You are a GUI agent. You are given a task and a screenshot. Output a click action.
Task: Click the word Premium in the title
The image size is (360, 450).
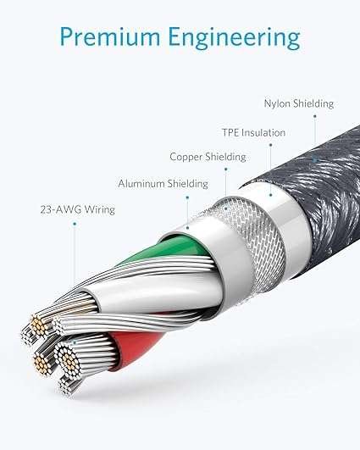(x=110, y=36)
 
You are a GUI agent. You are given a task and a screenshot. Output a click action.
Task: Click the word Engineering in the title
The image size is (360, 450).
(x=234, y=38)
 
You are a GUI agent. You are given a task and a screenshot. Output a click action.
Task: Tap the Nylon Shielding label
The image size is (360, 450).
(x=299, y=103)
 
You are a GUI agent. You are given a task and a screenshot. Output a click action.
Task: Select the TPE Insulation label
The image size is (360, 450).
(x=254, y=132)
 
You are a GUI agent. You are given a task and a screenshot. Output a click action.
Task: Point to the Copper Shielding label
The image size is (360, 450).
(x=208, y=157)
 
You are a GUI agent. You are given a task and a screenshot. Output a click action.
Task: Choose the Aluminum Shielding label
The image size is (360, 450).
(x=163, y=184)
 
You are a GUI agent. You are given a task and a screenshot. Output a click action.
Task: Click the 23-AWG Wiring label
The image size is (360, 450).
(x=77, y=209)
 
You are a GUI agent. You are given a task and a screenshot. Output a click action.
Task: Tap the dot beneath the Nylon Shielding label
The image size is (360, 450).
(x=314, y=116)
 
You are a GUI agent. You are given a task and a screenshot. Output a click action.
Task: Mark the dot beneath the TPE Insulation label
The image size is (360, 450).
(x=270, y=145)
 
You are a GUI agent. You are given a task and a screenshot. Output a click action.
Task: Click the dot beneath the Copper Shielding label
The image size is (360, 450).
(x=226, y=169)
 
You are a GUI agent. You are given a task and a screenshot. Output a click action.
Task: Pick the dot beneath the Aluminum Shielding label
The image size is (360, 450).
(x=187, y=197)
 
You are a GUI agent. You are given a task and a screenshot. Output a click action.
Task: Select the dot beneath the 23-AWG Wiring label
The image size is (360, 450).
(x=75, y=223)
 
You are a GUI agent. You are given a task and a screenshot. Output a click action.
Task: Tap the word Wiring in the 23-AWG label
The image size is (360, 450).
(x=100, y=210)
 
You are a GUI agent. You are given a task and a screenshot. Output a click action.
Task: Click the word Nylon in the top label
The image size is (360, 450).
(x=277, y=104)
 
